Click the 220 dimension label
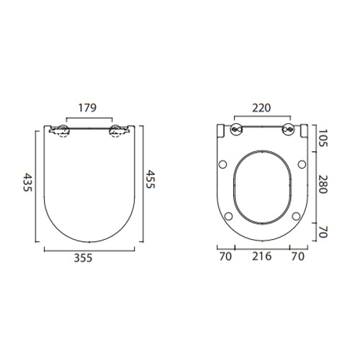(x=263, y=109)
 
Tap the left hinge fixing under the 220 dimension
(x=236, y=130)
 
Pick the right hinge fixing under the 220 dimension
(x=288, y=130)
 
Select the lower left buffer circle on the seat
(x=228, y=215)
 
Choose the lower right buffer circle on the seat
(x=297, y=215)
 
